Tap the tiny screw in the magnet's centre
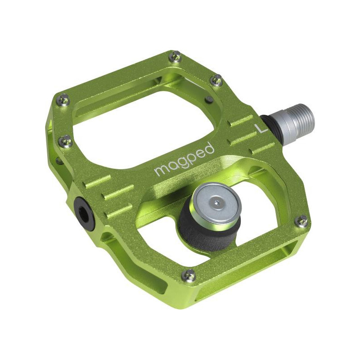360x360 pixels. (218, 203)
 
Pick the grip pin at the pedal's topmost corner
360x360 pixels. (176, 57)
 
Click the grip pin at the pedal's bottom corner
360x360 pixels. (190, 274)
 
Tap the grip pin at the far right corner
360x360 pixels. (301, 221)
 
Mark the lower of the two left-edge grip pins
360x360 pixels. (67, 141)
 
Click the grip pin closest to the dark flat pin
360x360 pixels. (216, 80)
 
